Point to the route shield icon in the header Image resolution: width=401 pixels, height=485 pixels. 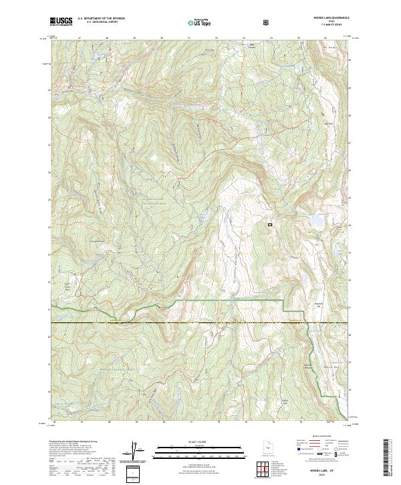pos(267,22)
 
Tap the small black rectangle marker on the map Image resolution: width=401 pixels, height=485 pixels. pos(270,225)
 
